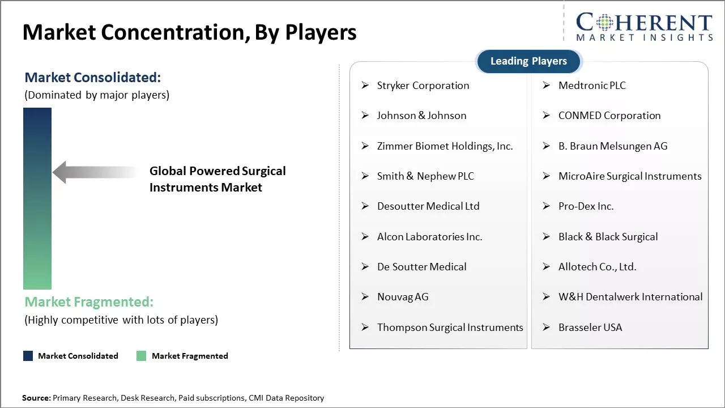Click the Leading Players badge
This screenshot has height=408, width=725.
coord(528,61)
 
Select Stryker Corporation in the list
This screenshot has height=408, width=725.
coord(423,86)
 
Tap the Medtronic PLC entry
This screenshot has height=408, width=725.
coord(592,86)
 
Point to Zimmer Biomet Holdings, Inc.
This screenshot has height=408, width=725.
coord(445,146)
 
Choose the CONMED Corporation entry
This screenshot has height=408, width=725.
coord(609,116)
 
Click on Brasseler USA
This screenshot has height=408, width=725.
coord(590,328)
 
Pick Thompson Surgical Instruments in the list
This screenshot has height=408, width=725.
coord(450,328)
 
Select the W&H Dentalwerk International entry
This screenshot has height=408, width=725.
coord(630,297)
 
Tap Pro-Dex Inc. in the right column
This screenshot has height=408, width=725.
coord(586,206)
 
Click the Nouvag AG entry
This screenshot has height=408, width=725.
coord(403,297)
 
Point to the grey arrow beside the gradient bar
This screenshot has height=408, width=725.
coord(93,172)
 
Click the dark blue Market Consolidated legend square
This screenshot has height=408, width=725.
coord(28,356)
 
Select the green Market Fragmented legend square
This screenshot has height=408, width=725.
coord(142,356)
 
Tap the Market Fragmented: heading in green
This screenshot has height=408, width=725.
coord(89,301)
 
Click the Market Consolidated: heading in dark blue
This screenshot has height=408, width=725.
coord(93,78)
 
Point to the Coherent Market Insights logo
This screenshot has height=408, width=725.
coord(643,27)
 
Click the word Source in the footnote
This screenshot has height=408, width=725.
coord(36,398)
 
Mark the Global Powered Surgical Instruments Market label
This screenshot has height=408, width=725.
coord(217,179)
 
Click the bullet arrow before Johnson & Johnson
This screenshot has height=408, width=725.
coord(365,116)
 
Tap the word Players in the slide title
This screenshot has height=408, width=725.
coord(321,33)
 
